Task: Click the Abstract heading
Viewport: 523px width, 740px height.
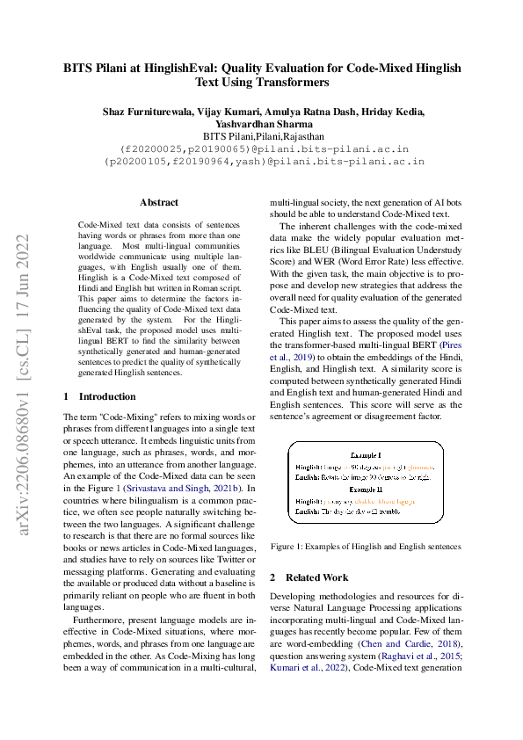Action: coord(158,201)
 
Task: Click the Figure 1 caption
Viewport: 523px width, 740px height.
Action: coord(366,546)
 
